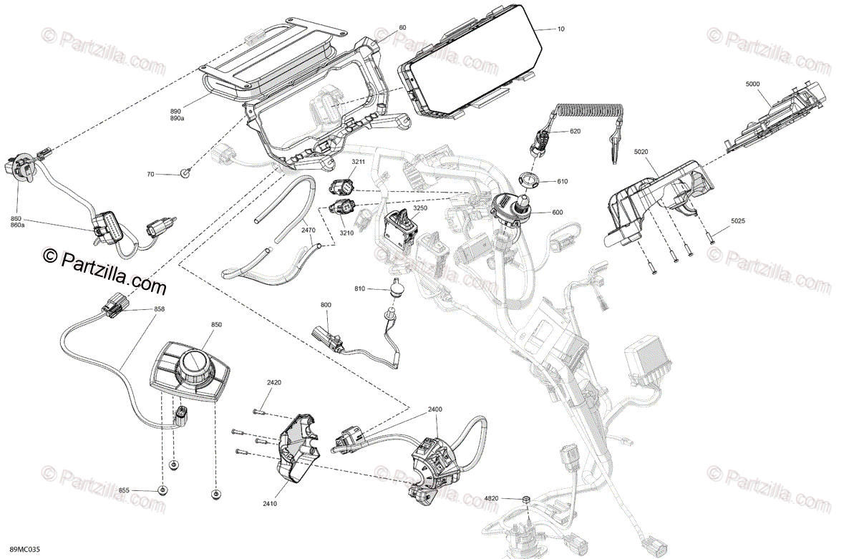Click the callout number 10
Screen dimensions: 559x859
pyautogui.click(x=560, y=29)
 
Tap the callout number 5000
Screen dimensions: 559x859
pyautogui.click(x=752, y=84)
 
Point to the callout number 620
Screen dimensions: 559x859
pyautogui.click(x=576, y=132)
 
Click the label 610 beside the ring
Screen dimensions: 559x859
pyautogui.click(x=562, y=182)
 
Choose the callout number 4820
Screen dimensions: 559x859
pyautogui.click(x=491, y=497)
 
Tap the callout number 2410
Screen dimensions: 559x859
pyautogui.click(x=270, y=504)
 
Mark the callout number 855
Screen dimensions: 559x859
pyautogui.click(x=124, y=491)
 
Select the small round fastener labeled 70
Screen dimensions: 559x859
pyautogui.click(x=185, y=172)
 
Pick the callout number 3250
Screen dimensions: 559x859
pyautogui.click(x=421, y=208)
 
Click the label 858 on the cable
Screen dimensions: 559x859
pyautogui.click(x=160, y=309)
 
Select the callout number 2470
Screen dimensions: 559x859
pyautogui.click(x=308, y=230)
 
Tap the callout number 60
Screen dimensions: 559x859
pyautogui.click(x=402, y=27)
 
